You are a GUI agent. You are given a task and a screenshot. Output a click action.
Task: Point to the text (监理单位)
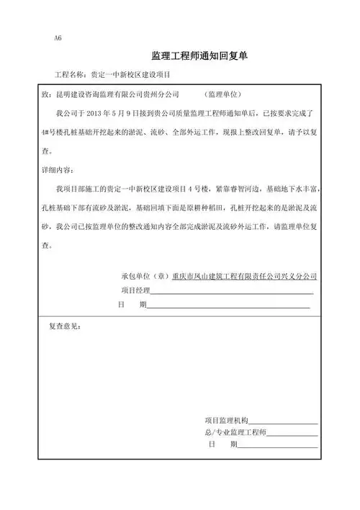coord(222,94)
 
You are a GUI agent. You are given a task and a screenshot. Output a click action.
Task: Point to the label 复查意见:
coord(65,327)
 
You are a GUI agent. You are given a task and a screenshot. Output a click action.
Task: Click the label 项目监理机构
coord(226,420)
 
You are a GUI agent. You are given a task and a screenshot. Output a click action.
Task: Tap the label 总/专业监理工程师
coord(235,433)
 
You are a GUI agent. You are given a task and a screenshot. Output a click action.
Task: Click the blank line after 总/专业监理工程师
coord(292,435)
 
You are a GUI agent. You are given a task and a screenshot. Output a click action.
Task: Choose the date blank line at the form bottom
coord(278,447)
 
